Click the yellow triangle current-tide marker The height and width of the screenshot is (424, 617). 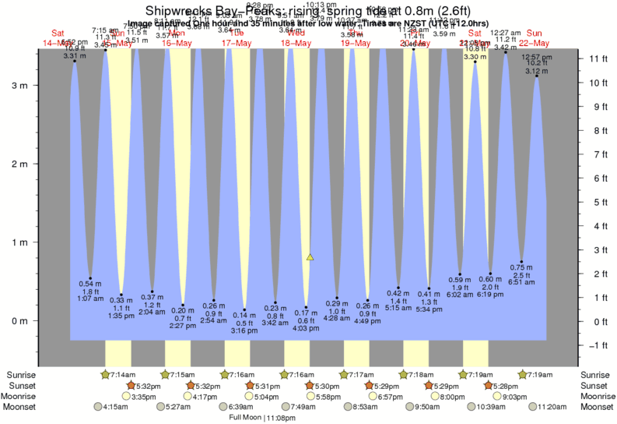pos(310,256)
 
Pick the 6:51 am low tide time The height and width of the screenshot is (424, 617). pos(521,282)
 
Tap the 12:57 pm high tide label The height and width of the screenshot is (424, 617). pos(537,58)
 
